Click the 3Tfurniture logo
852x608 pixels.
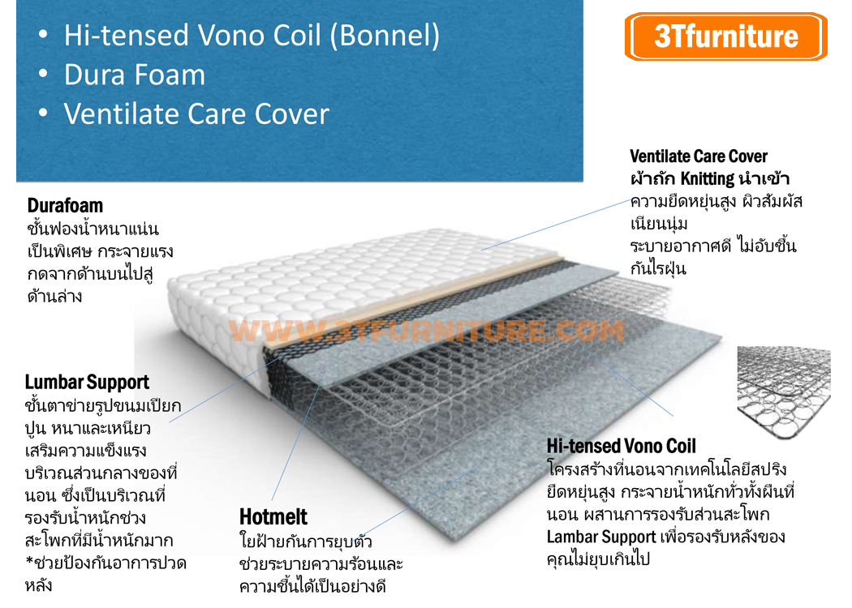726,36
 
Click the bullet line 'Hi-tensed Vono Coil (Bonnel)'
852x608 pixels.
252,35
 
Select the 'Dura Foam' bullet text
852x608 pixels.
135,75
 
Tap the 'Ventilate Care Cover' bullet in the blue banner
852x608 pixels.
196,113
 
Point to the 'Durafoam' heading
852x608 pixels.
65,205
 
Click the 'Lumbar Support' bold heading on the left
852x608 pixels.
87,382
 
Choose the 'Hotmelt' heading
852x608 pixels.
273,516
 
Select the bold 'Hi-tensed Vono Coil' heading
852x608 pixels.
621,445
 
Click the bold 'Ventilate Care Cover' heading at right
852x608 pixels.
698,156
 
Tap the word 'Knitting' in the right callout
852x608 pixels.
708,178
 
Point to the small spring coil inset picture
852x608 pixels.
783,385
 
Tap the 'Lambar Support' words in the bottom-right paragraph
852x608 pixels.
600,537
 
